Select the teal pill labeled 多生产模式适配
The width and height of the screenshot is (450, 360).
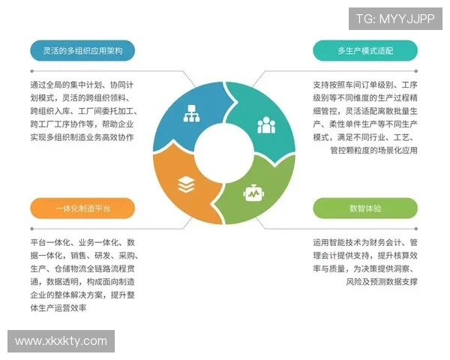365,50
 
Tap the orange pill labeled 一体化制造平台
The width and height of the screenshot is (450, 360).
82,208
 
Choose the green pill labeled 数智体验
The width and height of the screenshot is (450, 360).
365,208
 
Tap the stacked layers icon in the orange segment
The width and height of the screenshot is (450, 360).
185,184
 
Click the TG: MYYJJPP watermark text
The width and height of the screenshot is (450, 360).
394,19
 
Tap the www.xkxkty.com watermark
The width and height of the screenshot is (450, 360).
61,340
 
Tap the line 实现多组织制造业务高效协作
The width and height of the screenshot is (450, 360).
82,137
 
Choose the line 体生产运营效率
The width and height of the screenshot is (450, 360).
58,308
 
